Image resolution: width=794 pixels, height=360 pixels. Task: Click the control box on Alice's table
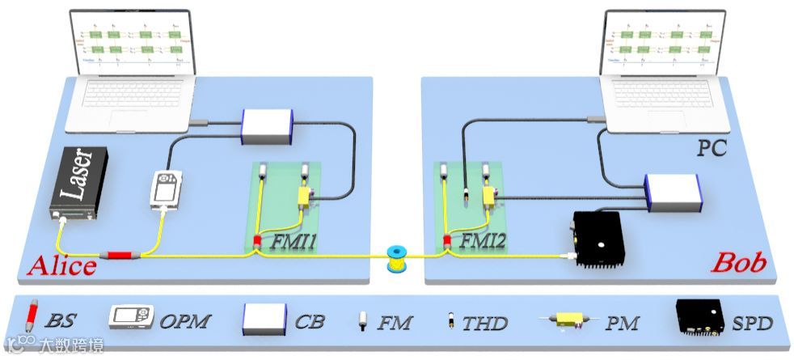tap(266, 127)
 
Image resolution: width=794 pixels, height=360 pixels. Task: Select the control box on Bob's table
tap(670, 193)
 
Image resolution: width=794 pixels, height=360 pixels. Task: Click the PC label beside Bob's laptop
tap(712, 148)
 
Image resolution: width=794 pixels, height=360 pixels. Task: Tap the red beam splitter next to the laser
tap(120, 255)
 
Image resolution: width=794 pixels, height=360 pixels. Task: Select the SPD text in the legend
tap(752, 324)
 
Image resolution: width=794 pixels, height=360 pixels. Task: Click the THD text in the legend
tap(485, 324)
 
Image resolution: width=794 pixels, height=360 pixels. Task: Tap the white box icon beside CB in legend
tap(264, 319)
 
